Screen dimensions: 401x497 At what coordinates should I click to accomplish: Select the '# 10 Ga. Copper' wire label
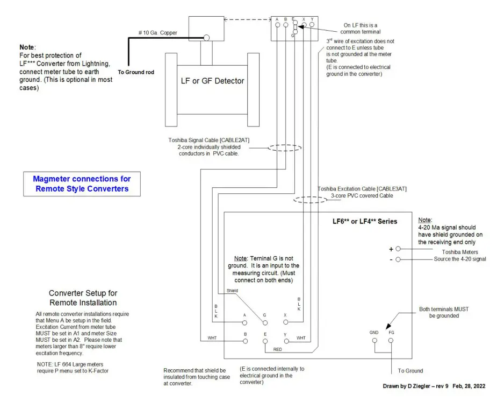[x=157, y=33]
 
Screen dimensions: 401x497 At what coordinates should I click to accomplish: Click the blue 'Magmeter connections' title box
[x=82, y=184]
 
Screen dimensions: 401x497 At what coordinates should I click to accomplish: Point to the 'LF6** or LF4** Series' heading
[x=365, y=221]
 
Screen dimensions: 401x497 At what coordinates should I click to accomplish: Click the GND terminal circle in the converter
[x=374, y=341]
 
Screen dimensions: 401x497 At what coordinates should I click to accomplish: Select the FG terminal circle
[x=391, y=341]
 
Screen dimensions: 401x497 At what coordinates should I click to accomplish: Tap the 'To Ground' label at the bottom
[x=410, y=370]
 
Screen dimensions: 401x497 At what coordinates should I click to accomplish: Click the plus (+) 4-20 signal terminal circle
[x=398, y=249]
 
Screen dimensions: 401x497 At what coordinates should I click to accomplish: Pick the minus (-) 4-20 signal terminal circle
[x=398, y=259]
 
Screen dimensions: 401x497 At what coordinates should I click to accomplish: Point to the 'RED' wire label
[x=278, y=349]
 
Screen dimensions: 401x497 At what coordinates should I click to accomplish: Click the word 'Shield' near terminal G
[x=232, y=291]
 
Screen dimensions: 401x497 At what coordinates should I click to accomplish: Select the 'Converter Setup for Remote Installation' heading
[x=83, y=298]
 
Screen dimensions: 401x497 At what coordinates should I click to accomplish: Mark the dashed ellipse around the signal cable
[x=284, y=148]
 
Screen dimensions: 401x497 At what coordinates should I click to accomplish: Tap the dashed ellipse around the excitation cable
[x=310, y=199]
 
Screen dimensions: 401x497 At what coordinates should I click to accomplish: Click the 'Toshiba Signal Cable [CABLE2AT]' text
[x=208, y=140]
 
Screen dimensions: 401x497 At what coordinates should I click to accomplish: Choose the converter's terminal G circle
[x=264, y=323]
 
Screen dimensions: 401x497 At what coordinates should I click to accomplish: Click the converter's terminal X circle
[x=285, y=322]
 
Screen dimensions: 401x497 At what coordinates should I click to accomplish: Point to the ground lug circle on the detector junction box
[x=206, y=38]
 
